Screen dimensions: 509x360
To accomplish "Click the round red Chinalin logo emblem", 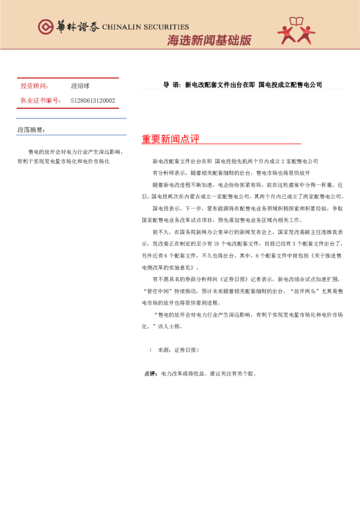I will click(45, 27).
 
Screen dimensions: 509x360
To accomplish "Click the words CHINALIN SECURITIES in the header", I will click(146, 27).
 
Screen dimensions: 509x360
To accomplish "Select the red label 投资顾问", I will click(34, 86).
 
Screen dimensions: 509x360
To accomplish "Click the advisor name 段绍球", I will click(80, 86).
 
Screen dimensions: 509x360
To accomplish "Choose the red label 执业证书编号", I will click(41, 100).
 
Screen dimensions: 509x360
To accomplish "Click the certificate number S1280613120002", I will click(93, 100).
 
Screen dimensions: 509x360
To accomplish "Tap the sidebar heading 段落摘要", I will click(30, 131).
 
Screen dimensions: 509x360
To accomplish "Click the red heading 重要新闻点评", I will click(170, 139).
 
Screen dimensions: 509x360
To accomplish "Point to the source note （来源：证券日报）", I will click(174, 350).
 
